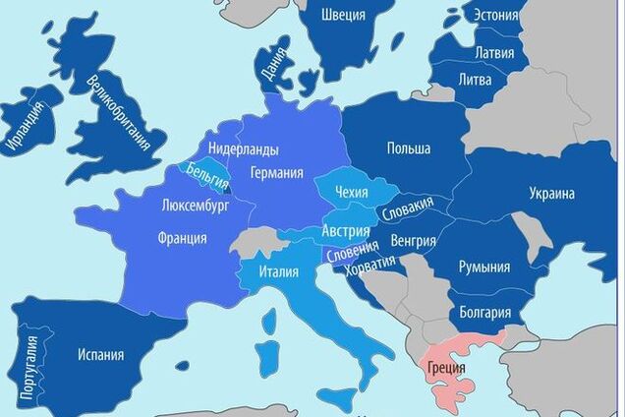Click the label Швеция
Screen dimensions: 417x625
click(x=344, y=15)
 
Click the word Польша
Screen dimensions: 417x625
click(x=408, y=149)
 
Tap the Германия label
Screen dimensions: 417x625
click(x=276, y=172)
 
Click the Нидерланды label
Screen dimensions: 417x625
click(x=243, y=149)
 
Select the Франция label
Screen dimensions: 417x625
click(x=182, y=238)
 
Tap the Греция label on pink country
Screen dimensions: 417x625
click(x=447, y=371)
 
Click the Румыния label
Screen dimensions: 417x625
click(x=484, y=267)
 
